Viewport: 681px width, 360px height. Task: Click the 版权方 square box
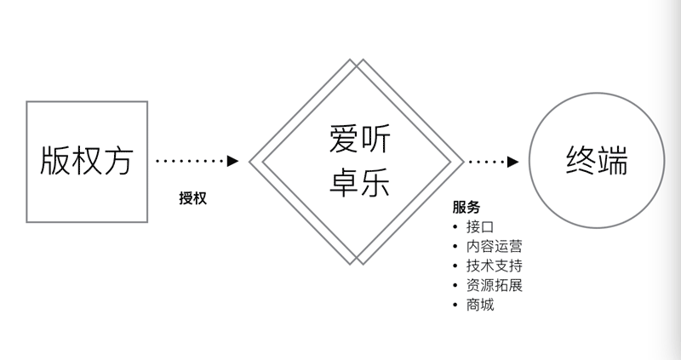(87, 162)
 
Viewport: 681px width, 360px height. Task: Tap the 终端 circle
(597, 162)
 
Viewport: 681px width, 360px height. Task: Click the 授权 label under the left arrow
(192, 198)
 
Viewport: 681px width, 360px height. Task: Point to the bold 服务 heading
(466, 207)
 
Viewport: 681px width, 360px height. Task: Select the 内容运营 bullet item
(494, 246)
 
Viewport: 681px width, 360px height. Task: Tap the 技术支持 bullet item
(494, 266)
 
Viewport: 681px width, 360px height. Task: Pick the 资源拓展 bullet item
(494, 285)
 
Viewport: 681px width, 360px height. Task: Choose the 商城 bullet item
(480, 305)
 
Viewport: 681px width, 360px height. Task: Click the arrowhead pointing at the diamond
(232, 161)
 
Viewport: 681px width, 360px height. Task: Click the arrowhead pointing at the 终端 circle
(513, 161)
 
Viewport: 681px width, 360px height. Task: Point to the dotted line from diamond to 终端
(487, 161)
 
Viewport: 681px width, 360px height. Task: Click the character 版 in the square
(56, 162)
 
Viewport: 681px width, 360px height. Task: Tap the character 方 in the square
(117, 162)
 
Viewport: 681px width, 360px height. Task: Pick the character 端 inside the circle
(613, 162)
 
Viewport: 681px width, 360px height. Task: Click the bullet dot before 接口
(455, 227)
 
